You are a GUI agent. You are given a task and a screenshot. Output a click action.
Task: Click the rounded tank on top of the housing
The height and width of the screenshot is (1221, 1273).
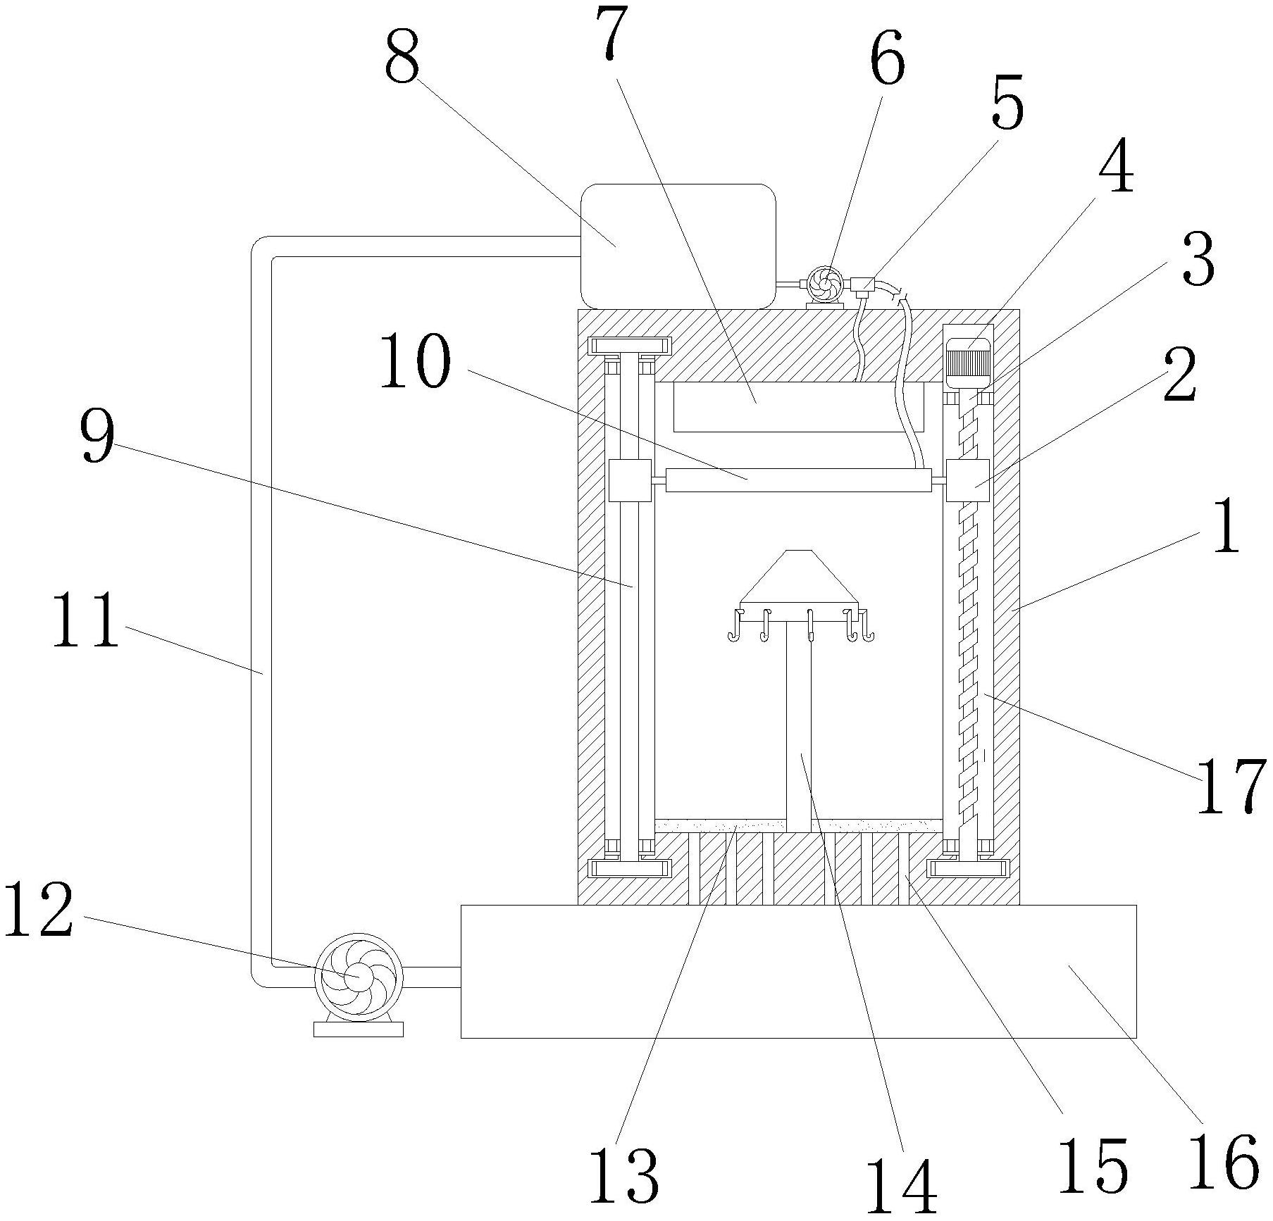pyautogui.click(x=677, y=245)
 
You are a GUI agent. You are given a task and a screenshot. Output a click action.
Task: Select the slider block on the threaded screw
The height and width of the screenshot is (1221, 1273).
pyautogui.click(x=967, y=480)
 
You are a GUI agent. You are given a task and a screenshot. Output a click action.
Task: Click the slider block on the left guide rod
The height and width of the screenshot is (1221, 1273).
pyautogui.click(x=629, y=480)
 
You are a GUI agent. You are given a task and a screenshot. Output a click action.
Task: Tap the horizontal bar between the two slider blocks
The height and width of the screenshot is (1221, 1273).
pyautogui.click(x=798, y=480)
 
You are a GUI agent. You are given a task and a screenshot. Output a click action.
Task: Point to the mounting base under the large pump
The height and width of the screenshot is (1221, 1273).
pyautogui.click(x=358, y=1029)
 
